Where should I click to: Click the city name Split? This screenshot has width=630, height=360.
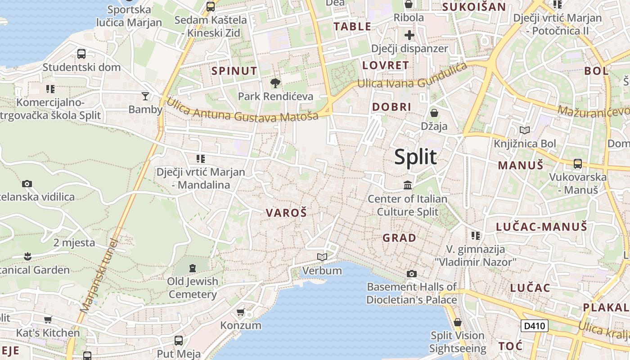tap(415, 157)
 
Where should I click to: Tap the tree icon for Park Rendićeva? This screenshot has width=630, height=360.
tap(275, 83)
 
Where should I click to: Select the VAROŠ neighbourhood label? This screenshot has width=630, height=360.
tap(286, 213)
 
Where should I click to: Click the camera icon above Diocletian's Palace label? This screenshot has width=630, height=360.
tap(411, 274)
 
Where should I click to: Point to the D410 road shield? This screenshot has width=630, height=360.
tap(535, 326)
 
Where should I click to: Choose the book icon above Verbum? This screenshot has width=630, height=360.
tap(322, 257)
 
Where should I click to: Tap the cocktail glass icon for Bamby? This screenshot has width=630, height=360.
tap(145, 96)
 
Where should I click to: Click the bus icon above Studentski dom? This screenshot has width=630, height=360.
tap(81, 54)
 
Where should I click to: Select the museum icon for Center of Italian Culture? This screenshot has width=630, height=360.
tap(408, 185)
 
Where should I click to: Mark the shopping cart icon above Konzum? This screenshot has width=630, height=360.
tap(241, 312)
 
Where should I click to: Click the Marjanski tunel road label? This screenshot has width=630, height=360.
tap(99, 276)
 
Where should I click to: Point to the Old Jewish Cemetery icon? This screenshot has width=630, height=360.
tap(193, 268)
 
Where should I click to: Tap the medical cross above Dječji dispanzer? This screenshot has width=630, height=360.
tap(409, 35)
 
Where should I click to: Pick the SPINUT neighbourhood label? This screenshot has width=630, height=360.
tap(234, 71)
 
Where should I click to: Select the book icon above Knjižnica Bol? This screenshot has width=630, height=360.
tap(525, 130)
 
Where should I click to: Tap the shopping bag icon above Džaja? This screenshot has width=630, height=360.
tap(434, 112)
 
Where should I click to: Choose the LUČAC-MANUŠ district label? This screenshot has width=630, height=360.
tap(541, 226)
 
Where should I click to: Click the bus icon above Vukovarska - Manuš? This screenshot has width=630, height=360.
tap(578, 164)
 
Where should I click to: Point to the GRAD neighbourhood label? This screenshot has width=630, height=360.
tap(399, 238)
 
